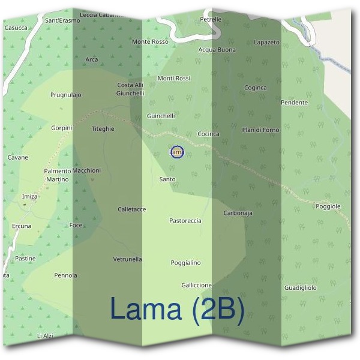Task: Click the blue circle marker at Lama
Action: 176,152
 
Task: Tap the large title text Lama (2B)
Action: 178,309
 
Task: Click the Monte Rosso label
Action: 150,41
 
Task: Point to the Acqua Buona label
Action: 217,50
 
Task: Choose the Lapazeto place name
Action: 267,43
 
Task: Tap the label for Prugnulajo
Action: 66,95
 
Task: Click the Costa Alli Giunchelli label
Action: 131,89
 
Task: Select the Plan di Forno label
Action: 260,130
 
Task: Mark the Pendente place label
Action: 294,103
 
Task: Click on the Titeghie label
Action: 103,128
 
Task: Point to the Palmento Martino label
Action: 58,175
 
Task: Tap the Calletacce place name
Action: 132,209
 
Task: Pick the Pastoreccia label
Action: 185,221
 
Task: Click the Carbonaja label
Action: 238,213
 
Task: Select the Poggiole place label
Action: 328,206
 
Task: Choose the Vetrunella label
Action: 127,259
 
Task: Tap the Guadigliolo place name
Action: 300,288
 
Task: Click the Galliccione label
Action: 196,285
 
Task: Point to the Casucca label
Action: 16,28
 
